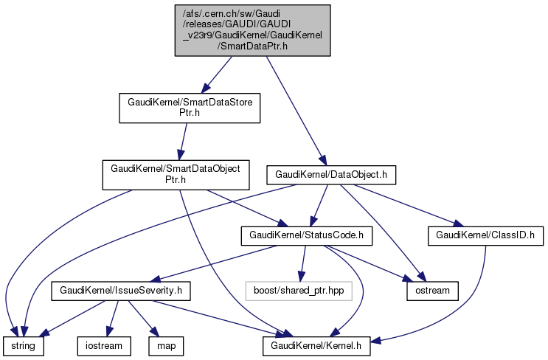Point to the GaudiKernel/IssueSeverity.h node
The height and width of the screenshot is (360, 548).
tap(121, 291)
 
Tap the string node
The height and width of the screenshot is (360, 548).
tap(23, 345)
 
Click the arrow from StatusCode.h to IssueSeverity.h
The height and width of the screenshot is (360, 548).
tap(214, 263)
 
